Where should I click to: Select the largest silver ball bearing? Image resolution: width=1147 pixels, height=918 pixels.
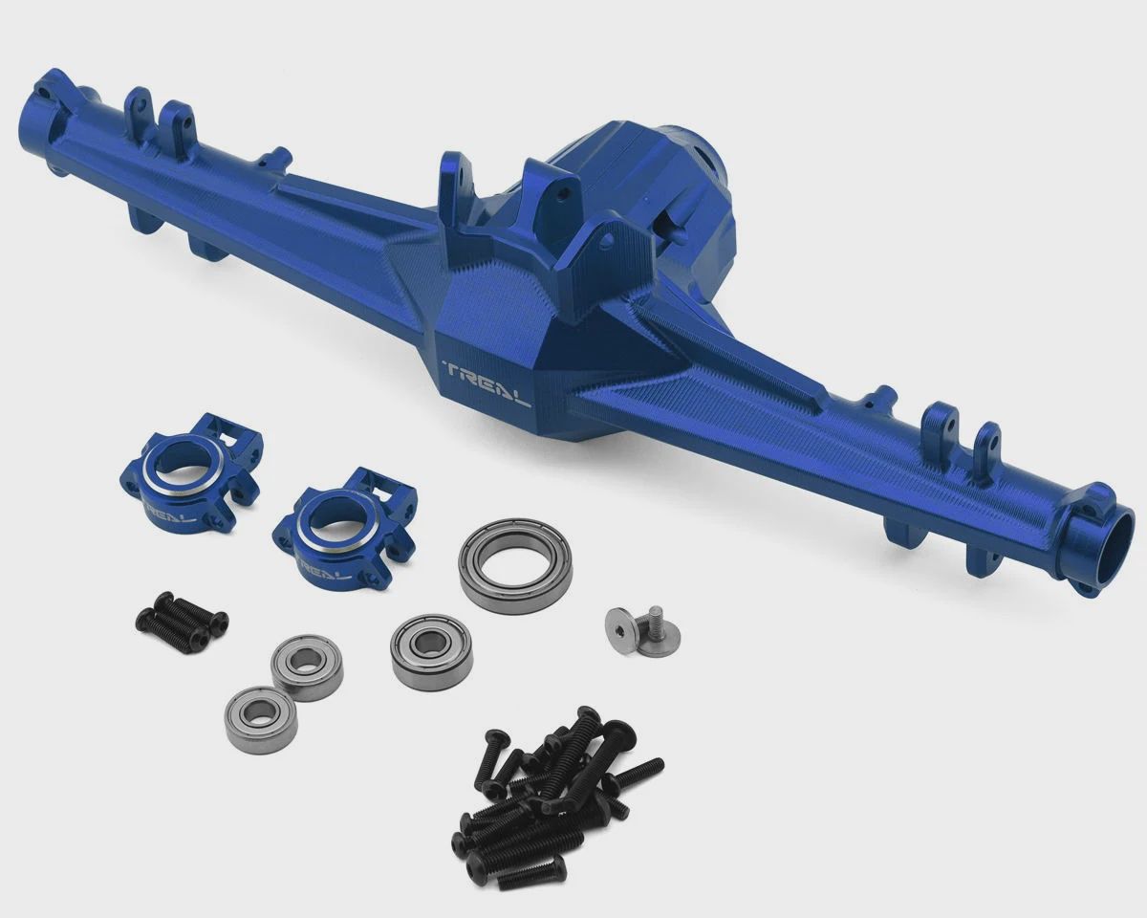point(515,565)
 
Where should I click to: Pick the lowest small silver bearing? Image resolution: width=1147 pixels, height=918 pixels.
point(261,719)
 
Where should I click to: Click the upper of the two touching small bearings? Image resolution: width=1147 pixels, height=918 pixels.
point(307,667)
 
